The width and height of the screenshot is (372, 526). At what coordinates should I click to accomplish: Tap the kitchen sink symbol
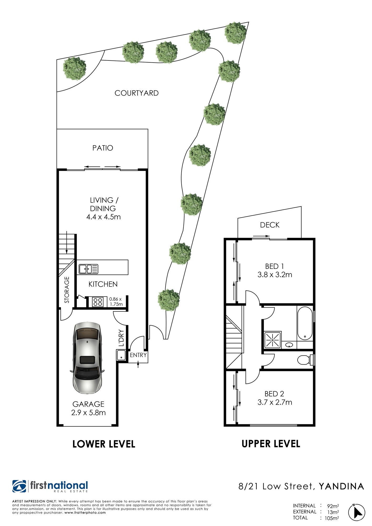pos(88,269)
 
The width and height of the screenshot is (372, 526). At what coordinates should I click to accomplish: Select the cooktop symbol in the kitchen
pos(98,302)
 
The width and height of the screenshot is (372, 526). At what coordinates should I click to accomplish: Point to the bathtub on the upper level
pos(305,323)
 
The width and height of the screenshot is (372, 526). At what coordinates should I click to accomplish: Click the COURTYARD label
pos(137,93)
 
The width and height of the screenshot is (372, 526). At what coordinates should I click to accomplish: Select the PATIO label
pos(103,148)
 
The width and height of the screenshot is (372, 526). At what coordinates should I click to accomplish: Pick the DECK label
pos(270,225)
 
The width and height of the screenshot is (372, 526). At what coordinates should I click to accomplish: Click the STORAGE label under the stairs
pos(67,290)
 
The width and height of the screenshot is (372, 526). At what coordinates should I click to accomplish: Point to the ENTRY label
pos(138,355)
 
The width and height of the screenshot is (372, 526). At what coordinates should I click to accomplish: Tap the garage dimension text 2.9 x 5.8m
pos(88,413)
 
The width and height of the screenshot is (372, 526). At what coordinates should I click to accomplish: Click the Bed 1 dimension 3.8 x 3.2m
pos(275,275)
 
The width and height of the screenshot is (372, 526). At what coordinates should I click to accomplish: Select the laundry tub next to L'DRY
pos(121,355)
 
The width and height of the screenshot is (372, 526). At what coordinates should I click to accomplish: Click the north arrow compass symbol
pos(357,512)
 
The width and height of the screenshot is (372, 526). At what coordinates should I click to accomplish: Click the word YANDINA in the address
pos(341,486)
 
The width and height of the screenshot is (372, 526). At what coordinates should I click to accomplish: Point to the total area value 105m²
pos(332,518)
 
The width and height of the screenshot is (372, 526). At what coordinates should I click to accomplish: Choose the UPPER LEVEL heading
pos(271,444)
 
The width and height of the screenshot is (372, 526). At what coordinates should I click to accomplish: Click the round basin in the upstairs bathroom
pos(289,345)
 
